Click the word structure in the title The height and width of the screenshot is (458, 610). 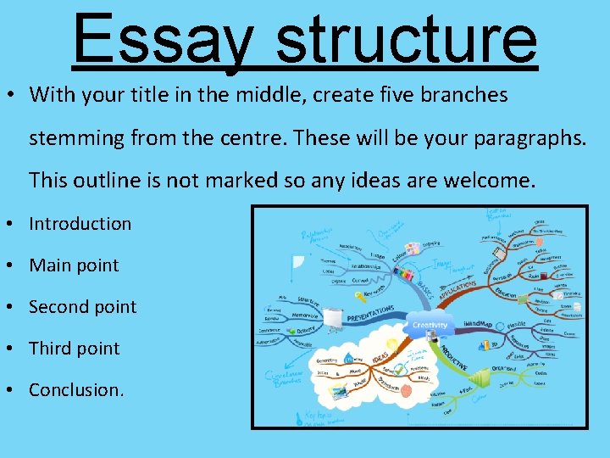[406, 38]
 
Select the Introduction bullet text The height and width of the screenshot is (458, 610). [80, 224]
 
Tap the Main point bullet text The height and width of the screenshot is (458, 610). [74, 265]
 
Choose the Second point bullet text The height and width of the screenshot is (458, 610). [82, 307]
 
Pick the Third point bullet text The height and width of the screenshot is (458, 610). [74, 349]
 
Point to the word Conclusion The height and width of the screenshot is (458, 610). [75, 390]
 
